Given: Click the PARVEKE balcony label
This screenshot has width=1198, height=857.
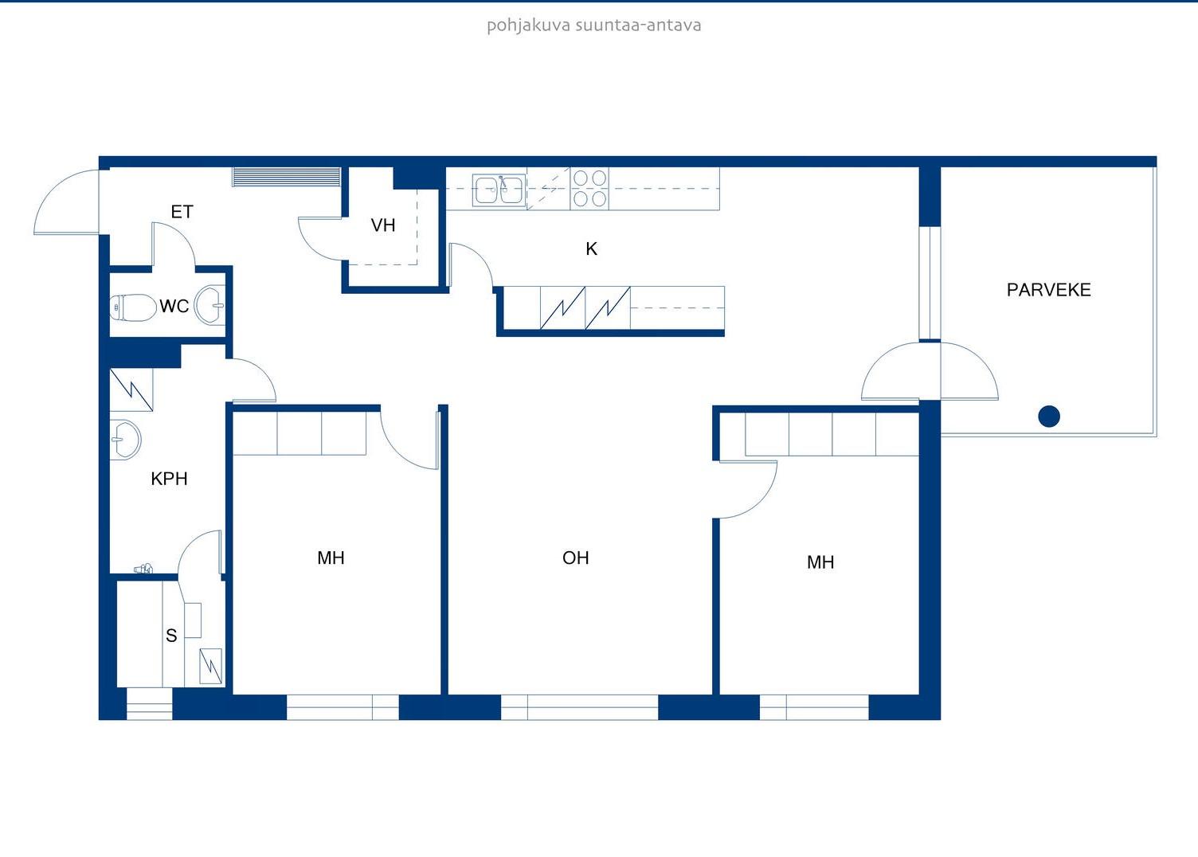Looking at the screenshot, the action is pyautogui.click(x=1048, y=290).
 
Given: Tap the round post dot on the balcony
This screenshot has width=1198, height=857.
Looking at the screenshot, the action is pyautogui.click(x=1049, y=417).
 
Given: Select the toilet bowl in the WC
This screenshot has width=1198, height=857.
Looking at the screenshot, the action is pyautogui.click(x=132, y=308).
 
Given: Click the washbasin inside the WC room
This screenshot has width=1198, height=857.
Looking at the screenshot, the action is pyautogui.click(x=209, y=305).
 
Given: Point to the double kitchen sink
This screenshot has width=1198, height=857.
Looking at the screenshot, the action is pyautogui.click(x=498, y=190).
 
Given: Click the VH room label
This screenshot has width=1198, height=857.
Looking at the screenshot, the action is pyautogui.click(x=383, y=225).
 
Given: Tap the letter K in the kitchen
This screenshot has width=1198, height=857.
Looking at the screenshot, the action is pyautogui.click(x=591, y=248).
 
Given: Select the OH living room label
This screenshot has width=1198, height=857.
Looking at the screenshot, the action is pyautogui.click(x=575, y=558).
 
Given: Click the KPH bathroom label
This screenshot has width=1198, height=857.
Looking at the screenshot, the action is pyautogui.click(x=169, y=479).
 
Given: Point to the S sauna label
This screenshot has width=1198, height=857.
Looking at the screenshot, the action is pyautogui.click(x=171, y=636).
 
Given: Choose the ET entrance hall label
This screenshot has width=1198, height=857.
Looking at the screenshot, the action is pyautogui.click(x=182, y=212).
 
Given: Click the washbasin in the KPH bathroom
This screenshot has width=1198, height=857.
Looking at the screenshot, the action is pyautogui.click(x=126, y=439).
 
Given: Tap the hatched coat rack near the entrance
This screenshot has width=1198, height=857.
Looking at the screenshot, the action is pyautogui.click(x=286, y=177).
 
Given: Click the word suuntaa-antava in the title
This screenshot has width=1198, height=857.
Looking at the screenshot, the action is pyautogui.click(x=638, y=25).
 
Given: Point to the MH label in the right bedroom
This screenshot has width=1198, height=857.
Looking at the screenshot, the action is pyautogui.click(x=820, y=562).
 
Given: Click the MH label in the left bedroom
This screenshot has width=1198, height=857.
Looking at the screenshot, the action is pyautogui.click(x=331, y=558).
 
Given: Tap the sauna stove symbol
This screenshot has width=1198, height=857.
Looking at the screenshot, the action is pyautogui.click(x=211, y=666).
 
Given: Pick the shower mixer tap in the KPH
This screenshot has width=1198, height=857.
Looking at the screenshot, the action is pyautogui.click(x=143, y=569).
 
